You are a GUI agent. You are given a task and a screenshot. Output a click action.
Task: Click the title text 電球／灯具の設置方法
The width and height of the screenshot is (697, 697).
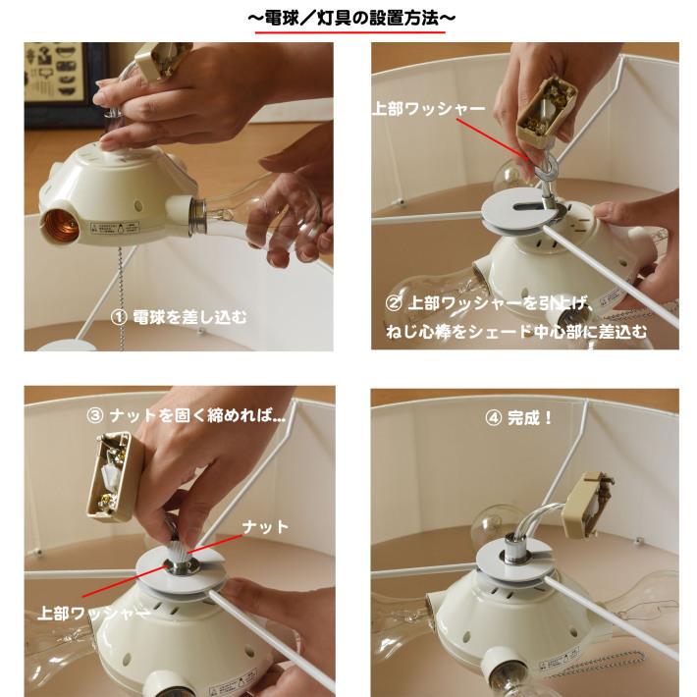349,18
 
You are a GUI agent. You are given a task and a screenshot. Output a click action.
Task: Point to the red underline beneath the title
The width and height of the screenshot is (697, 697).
349,33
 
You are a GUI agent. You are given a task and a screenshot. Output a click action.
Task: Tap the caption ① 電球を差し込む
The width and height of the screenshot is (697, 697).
179,317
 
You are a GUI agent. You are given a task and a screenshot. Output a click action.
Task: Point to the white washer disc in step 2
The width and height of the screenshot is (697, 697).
530,210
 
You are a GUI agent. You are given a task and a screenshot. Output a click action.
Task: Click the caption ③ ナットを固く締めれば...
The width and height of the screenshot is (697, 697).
187,415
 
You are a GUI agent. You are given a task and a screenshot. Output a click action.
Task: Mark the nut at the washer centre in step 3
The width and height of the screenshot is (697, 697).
183,564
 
